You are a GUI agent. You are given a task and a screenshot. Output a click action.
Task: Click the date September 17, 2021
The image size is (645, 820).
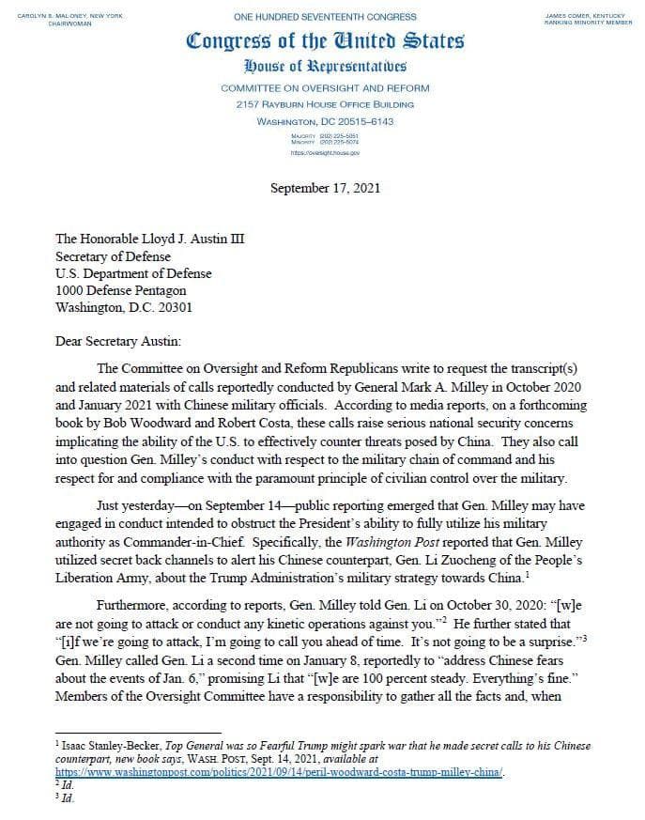pos(325,188)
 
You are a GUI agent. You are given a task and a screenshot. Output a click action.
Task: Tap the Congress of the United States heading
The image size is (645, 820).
pos(325,41)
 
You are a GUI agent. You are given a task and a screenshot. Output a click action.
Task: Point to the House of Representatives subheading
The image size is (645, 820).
pos(325,66)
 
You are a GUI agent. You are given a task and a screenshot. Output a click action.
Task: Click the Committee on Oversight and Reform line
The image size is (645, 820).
pos(325,87)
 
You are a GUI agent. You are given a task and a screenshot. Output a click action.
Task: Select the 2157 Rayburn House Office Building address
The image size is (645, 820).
pos(325,104)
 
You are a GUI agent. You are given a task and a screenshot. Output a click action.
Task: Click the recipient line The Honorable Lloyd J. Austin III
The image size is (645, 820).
pos(149,239)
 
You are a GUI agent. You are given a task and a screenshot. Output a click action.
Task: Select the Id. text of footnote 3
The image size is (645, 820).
pos(67,798)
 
